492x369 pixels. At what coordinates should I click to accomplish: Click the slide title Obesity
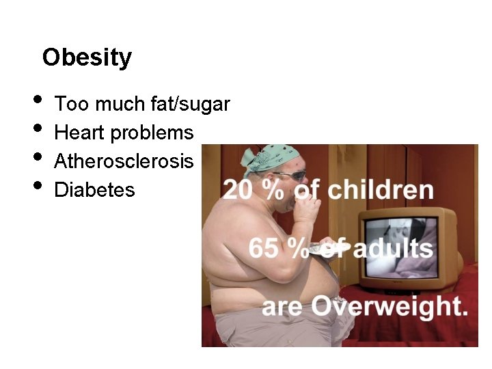[86, 57]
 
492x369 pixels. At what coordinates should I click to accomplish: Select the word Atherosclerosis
[123, 161]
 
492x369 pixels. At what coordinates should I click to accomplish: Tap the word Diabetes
[94, 189]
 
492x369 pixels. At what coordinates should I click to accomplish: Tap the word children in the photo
[381, 190]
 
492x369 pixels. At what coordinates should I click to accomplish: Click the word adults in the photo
[392, 247]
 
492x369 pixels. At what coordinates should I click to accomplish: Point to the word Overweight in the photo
[396, 305]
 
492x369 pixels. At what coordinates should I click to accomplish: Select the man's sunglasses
[291, 175]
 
